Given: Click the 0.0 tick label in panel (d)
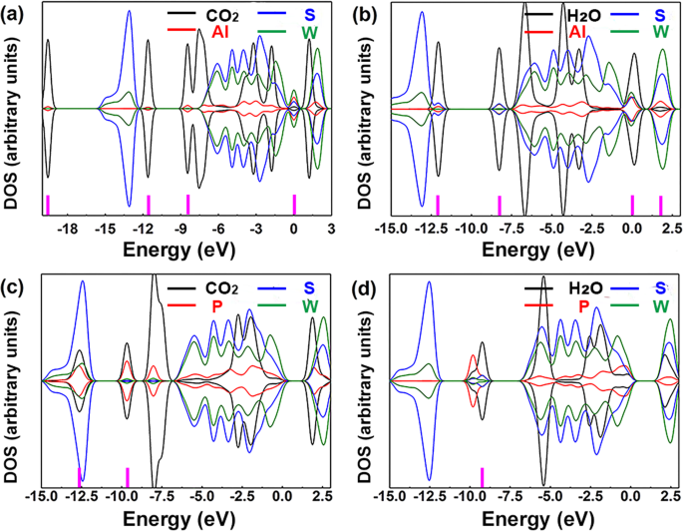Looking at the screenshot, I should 629,495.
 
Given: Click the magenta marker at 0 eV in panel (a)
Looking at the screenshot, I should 294,205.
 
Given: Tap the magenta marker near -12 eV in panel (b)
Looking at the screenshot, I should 438,205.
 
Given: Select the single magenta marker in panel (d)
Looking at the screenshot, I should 482,475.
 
